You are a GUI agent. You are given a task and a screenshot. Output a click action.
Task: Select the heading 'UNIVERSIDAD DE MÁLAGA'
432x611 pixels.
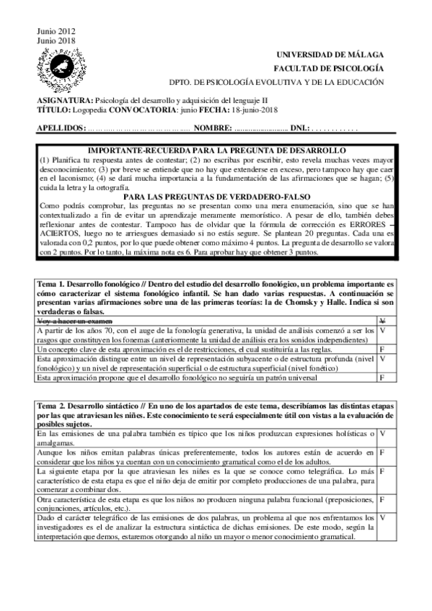pos(336,55)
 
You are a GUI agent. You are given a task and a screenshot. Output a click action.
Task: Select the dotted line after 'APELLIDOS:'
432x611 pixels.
pos(138,128)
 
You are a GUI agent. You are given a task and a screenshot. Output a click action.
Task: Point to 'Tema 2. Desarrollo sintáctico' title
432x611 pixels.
pos(93,406)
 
